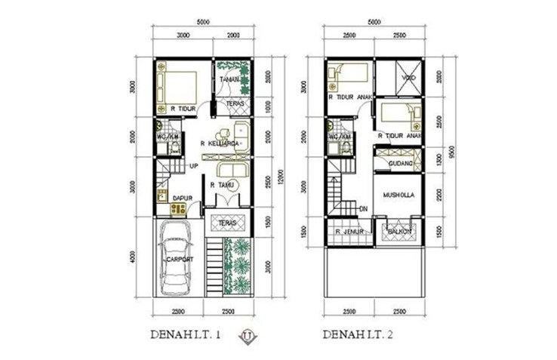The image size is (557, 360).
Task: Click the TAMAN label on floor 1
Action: pyautogui.click(x=229, y=79)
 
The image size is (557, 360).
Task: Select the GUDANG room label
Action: pyautogui.click(x=399, y=163)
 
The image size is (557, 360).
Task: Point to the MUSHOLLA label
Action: pyautogui.click(x=399, y=192)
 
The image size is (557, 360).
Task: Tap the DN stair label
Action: pyautogui.click(x=363, y=209)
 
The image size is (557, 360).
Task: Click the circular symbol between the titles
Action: pyautogui.click(x=246, y=334)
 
